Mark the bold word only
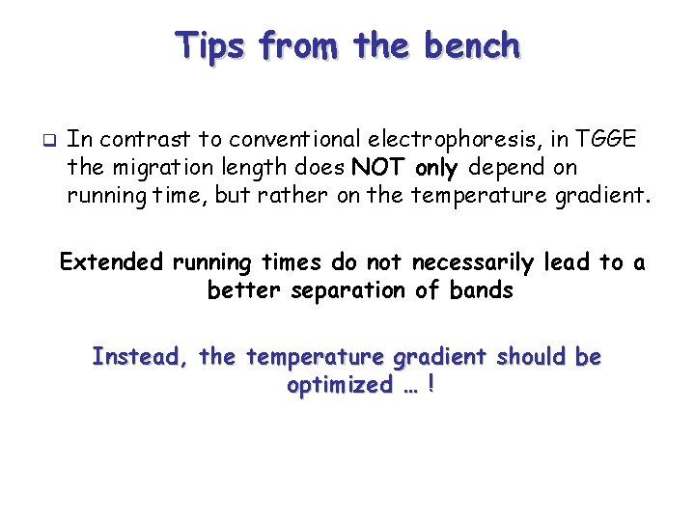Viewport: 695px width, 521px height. pyautogui.click(x=437, y=168)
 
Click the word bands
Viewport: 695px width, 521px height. pyautogui.click(x=482, y=289)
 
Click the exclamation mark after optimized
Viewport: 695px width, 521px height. pyautogui.click(x=429, y=385)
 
